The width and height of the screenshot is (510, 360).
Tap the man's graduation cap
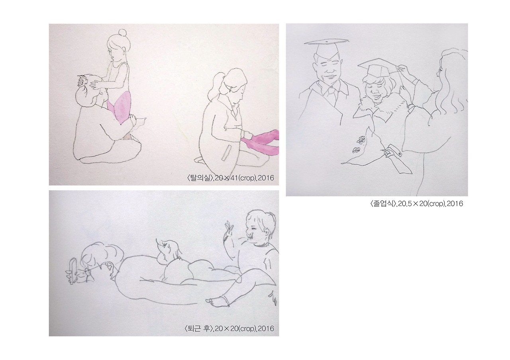tap(326, 49)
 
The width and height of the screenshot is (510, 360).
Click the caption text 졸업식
tap(383, 203)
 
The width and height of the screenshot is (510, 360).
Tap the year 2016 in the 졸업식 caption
tap(455, 203)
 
